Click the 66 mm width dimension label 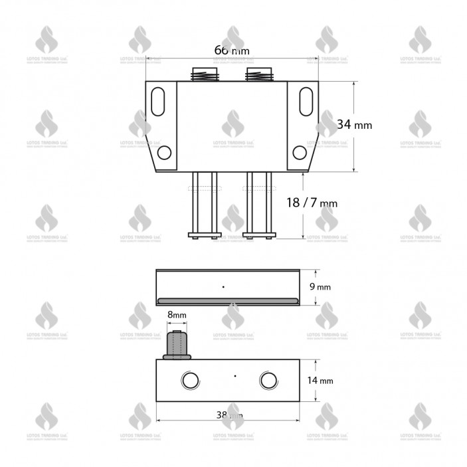pos(233,50)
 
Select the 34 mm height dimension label pos(354,124)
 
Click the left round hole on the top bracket pos(164,153)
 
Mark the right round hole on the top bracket pos(300,153)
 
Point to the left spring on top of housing pos(203,74)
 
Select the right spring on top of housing pos(258,74)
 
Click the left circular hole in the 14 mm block pos(190,380)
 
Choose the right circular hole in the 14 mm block pos(268,380)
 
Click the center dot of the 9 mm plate pos(224,286)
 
